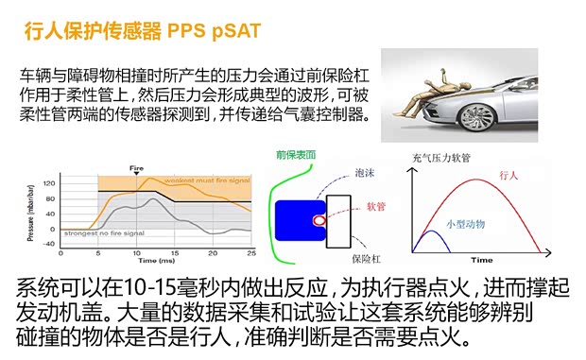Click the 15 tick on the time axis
[176, 253]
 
